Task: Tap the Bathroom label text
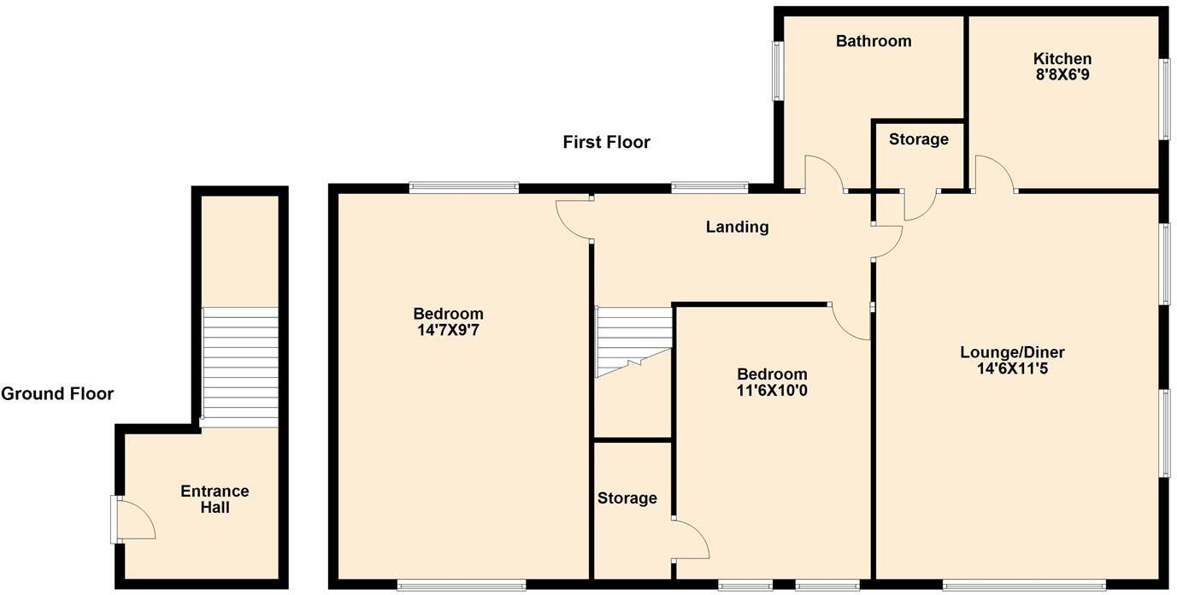pyautogui.click(x=873, y=41)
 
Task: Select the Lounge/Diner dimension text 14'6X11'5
pyautogui.click(x=1012, y=368)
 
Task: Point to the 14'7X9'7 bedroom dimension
pyautogui.click(x=448, y=329)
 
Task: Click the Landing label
pyautogui.click(x=737, y=227)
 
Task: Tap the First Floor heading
pyautogui.click(x=606, y=142)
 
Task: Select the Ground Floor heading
pyautogui.click(x=57, y=393)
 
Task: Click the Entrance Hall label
pyautogui.click(x=215, y=499)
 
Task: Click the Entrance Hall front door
pyautogui.click(x=133, y=520)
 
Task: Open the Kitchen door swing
pyautogui.click(x=994, y=174)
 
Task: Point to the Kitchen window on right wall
pyautogui.click(x=1163, y=98)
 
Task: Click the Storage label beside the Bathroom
pyautogui.click(x=918, y=139)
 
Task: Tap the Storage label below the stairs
pyautogui.click(x=627, y=498)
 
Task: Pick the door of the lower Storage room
pyautogui.click(x=691, y=539)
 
